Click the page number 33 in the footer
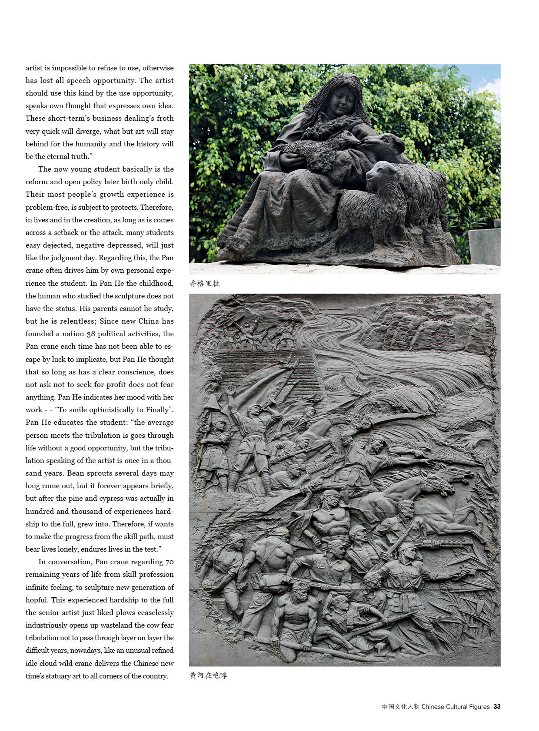(497, 707)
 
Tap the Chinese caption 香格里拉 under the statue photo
(205, 284)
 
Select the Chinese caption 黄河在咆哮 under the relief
(208, 675)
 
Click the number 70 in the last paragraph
(169, 562)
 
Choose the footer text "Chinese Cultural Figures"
(456, 707)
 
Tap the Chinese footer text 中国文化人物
(400, 707)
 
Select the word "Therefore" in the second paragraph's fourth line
(156, 207)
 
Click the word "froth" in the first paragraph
(165, 118)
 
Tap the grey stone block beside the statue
(484, 246)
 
